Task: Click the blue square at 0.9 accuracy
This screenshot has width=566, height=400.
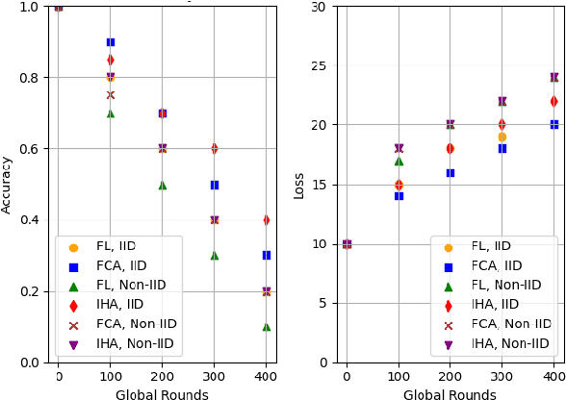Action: pyautogui.click(x=111, y=42)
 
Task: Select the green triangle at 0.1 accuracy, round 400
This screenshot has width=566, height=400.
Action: pyautogui.click(x=267, y=327)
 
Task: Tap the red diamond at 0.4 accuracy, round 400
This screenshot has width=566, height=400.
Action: pyautogui.click(x=267, y=220)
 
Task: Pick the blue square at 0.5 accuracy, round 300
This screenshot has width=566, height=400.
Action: pyautogui.click(x=215, y=185)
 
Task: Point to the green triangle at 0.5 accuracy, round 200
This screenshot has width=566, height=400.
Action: pyautogui.click(x=163, y=185)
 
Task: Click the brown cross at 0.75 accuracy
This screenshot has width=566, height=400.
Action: pyautogui.click(x=111, y=95)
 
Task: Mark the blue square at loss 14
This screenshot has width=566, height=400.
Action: pyautogui.click(x=399, y=196)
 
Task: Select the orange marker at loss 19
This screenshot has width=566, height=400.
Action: pyautogui.click(x=502, y=137)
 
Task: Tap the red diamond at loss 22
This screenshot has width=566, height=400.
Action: pyautogui.click(x=554, y=101)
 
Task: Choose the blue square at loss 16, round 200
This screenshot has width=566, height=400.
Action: pyautogui.click(x=450, y=172)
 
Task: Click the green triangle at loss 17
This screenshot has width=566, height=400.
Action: pyautogui.click(x=399, y=161)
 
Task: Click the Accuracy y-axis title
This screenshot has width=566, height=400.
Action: pyautogui.click(x=8, y=185)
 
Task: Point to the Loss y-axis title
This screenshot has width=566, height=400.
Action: pyautogui.click(x=299, y=185)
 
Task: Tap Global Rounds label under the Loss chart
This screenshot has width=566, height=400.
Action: pyautogui.click(x=450, y=394)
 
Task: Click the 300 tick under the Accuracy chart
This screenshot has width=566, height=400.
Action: pyautogui.click(x=215, y=376)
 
